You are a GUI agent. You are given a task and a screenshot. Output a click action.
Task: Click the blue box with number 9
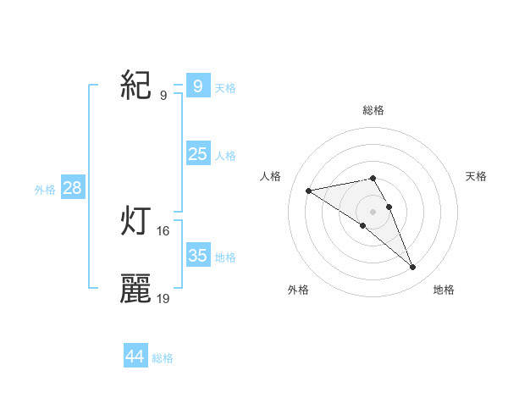coord(197,86)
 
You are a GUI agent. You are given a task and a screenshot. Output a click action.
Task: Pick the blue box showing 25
coord(197,154)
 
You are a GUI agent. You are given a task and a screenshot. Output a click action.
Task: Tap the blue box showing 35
coord(197,256)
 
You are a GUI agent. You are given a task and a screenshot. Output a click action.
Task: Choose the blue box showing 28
coord(72,188)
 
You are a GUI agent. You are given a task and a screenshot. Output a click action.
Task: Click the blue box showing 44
coord(135,357)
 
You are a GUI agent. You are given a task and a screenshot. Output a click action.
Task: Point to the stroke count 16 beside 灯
coord(163,230)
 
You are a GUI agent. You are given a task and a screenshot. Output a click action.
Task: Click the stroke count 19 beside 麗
coord(163,298)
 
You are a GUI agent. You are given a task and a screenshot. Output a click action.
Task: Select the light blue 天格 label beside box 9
coord(225,87)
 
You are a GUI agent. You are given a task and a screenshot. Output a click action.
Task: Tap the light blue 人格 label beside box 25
coord(225,156)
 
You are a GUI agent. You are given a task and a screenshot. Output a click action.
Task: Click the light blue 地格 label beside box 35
coord(225,257)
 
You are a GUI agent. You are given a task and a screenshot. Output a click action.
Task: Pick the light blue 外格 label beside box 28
coord(45,190)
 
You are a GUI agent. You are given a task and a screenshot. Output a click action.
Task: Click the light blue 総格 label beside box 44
coord(163,358)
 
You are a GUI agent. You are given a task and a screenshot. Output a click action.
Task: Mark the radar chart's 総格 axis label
coord(373,110)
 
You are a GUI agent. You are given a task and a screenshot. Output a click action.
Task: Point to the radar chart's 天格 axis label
coord(476,175)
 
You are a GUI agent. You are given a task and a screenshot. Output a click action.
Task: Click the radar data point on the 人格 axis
coord(309,191)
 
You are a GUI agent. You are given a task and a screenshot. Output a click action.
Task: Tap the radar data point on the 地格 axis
coord(412,268)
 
